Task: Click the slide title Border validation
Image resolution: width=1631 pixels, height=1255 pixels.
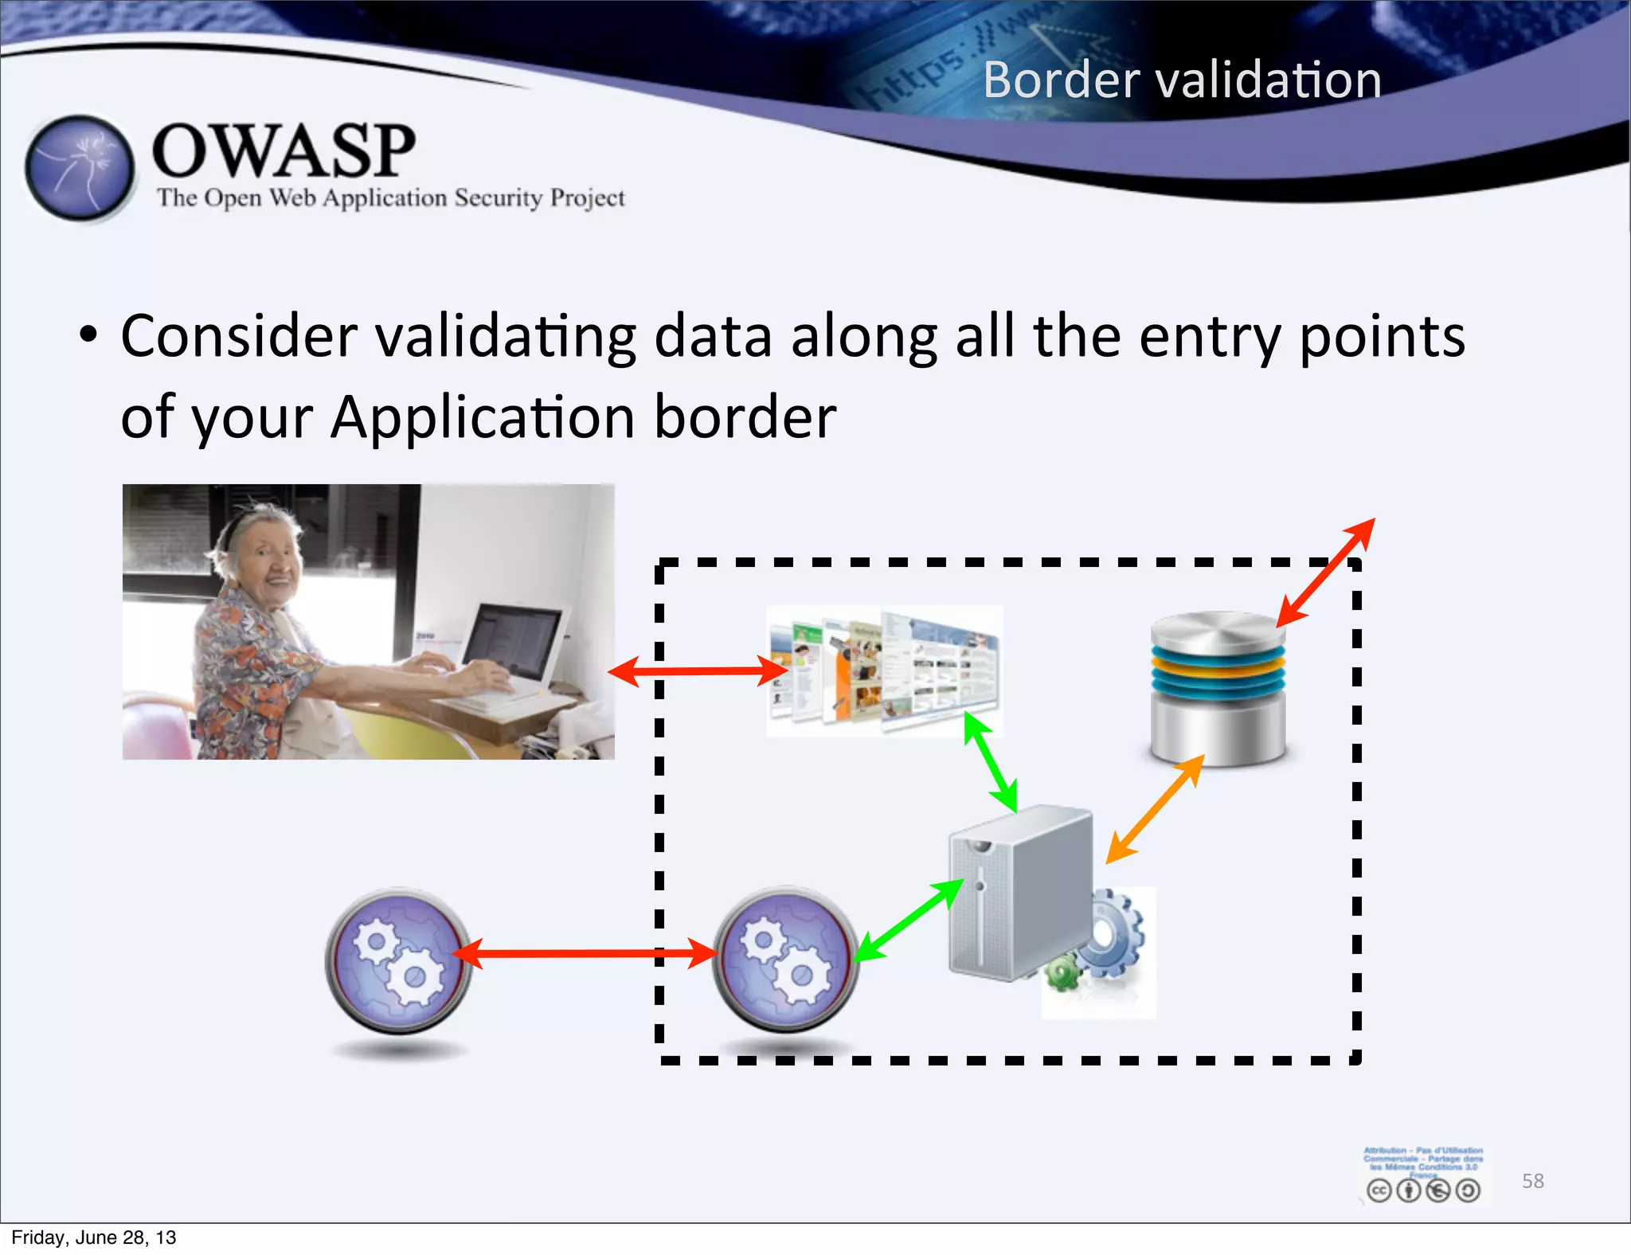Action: point(1182,80)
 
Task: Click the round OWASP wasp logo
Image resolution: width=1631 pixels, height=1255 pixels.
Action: point(79,168)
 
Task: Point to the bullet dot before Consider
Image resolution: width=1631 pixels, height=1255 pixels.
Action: point(88,335)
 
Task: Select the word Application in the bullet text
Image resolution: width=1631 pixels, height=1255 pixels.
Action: point(483,417)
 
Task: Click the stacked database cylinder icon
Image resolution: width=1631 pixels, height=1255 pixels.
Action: point(1218,688)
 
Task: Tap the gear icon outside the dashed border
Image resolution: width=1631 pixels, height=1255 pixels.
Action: point(398,960)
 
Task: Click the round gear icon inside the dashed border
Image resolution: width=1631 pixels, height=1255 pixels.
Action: point(785,959)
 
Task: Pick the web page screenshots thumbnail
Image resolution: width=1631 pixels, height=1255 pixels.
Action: point(884,671)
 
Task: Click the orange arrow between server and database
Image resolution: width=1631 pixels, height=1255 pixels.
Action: point(1154,810)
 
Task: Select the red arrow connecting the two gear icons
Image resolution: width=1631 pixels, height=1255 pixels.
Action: point(585,953)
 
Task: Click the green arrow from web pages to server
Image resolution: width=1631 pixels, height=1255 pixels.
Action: point(990,761)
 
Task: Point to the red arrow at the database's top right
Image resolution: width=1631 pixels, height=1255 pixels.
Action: point(1326,571)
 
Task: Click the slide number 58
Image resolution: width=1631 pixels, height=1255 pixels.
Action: point(1532,1181)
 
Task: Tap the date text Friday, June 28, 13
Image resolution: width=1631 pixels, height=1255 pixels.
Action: point(94,1237)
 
